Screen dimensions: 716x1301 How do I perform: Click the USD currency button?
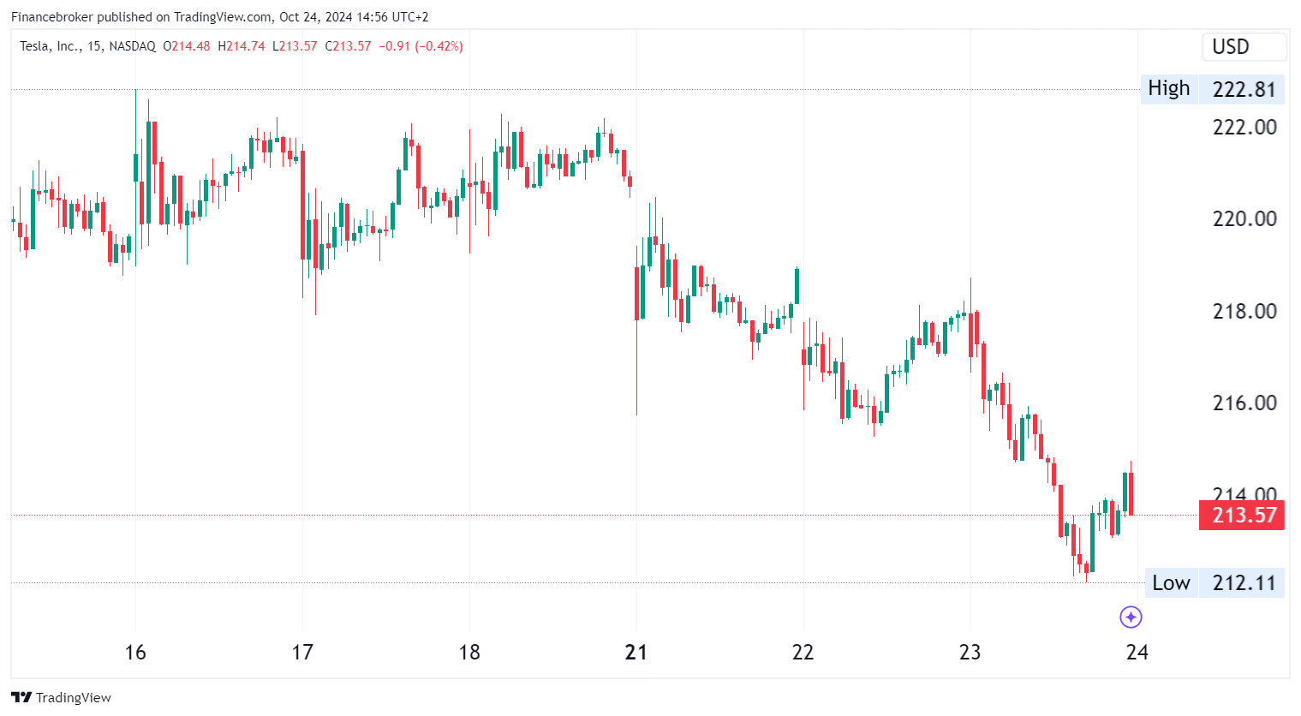click(x=1244, y=47)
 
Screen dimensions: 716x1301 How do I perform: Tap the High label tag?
click(x=1168, y=88)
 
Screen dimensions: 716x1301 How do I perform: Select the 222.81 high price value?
click(x=1244, y=89)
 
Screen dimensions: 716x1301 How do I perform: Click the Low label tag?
click(x=1170, y=583)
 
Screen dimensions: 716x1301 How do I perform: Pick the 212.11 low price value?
click(x=1244, y=583)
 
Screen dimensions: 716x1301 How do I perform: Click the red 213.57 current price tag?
click(x=1241, y=515)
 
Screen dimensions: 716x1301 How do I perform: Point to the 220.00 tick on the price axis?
click(x=1244, y=219)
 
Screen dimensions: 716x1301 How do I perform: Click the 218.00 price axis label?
click(x=1244, y=311)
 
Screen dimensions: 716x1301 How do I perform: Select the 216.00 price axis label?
click(x=1244, y=403)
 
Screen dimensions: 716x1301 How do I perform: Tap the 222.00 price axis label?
click(x=1244, y=128)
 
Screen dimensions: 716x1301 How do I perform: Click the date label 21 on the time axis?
click(x=636, y=653)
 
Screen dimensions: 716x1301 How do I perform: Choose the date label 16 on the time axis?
click(x=135, y=653)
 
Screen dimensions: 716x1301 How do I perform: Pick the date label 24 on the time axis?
click(x=1137, y=653)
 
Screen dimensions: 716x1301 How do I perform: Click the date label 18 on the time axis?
click(x=469, y=653)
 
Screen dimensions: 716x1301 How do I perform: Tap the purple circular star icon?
click(x=1131, y=617)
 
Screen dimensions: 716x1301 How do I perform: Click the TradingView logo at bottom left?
click(x=61, y=697)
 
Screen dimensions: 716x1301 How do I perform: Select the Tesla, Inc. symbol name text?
click(x=49, y=46)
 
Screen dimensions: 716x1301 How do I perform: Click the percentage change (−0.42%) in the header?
click(x=439, y=46)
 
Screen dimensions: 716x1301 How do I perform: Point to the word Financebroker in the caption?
click(x=51, y=17)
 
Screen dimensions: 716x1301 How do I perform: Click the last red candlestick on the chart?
click(x=1131, y=493)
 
